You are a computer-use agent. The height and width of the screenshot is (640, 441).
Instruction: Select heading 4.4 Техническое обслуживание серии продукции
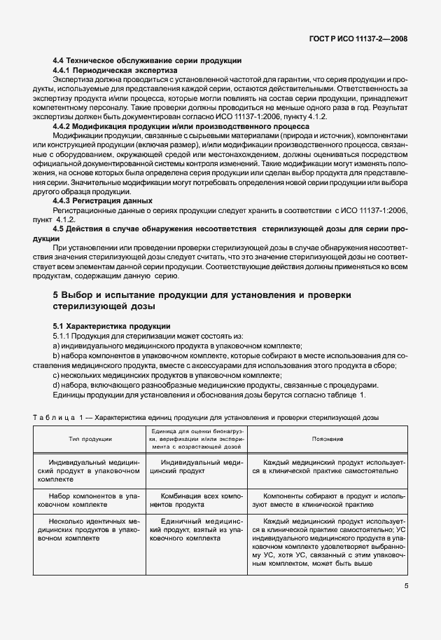click(x=148, y=61)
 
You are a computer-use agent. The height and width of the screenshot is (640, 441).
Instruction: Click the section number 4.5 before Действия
click(x=59, y=229)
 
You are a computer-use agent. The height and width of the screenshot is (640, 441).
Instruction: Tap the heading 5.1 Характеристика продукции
click(x=112, y=327)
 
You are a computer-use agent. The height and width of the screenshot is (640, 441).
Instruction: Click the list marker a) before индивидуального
click(x=57, y=346)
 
